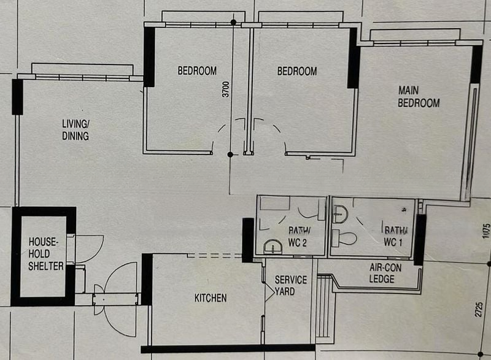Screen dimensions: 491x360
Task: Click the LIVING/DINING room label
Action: click(75, 130)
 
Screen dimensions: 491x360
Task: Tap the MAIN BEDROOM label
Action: click(419, 97)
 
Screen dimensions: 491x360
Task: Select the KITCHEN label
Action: click(211, 298)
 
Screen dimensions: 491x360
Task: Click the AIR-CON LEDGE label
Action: click(385, 273)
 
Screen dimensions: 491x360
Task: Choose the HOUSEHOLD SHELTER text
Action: click(45, 254)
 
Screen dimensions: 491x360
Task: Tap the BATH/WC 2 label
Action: click(299, 237)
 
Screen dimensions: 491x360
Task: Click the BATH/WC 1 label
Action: click(396, 236)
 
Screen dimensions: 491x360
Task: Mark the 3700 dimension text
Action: click(225, 89)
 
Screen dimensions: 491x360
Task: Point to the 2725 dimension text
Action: click(479, 309)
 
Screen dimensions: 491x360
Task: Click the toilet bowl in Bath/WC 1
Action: click(344, 238)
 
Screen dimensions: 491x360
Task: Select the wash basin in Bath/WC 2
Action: click(273, 247)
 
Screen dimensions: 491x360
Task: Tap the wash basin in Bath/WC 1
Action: click(341, 214)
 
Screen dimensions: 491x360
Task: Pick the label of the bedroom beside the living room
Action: click(197, 71)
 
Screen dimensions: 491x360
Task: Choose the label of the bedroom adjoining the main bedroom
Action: click(297, 71)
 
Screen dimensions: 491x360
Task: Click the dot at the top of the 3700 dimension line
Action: click(233, 22)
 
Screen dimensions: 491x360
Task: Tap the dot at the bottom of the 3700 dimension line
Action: click(230, 155)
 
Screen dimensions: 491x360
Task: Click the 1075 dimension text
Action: click(485, 231)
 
